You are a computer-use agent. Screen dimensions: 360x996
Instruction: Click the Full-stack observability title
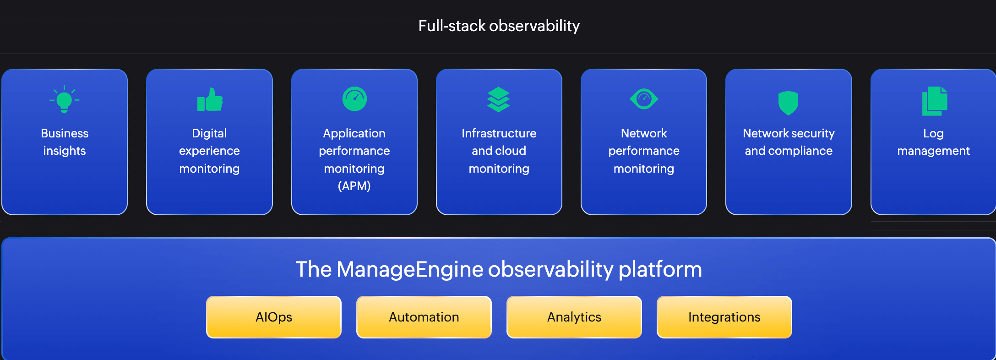499,26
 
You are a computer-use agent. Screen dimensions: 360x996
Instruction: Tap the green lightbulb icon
64,100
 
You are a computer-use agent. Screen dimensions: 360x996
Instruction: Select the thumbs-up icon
210,100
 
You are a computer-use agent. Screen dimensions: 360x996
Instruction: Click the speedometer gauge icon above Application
354,99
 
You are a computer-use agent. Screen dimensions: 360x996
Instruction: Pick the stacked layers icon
499,99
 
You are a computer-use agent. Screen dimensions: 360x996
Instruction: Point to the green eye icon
644,98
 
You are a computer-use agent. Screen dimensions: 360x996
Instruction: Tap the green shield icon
788,103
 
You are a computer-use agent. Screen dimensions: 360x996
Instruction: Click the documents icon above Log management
934,101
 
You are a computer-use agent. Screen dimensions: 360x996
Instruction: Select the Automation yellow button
424,317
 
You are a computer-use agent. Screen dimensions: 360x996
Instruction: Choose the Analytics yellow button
574,317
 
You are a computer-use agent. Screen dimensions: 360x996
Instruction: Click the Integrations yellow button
724,317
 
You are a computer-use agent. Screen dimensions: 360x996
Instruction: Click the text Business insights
65,142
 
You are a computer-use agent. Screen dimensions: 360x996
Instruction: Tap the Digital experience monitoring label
209,151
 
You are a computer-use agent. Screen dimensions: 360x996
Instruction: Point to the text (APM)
354,186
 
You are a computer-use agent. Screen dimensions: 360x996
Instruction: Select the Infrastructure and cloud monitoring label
499,151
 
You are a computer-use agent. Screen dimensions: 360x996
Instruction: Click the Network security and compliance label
789,142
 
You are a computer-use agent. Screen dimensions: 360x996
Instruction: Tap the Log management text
933,142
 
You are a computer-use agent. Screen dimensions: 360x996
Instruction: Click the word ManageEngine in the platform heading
409,269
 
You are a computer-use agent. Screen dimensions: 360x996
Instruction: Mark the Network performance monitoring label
644,151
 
